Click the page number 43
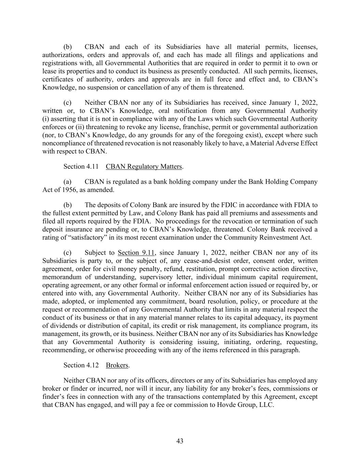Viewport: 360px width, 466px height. (180, 441)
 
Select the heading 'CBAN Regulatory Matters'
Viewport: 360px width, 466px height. (144, 167)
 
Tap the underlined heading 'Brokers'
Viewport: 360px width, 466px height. (117, 365)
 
